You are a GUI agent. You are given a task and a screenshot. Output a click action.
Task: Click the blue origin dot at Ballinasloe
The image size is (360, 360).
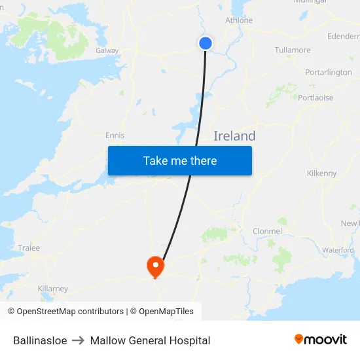coord(206,43)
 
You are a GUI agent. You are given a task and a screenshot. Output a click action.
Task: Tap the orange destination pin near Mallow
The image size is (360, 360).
coord(156,266)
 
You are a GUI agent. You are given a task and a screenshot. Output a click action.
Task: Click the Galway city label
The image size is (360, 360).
coord(107,50)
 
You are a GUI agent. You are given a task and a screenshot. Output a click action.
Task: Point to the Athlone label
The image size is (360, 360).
coord(239,20)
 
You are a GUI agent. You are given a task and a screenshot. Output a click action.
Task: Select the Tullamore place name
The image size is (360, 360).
coord(293,50)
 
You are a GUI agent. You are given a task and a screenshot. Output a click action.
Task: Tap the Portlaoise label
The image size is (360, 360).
coord(315,98)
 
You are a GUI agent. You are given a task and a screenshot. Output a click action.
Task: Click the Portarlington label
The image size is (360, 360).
coord(329,72)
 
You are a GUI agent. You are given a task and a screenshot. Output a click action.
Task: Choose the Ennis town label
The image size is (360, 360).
coord(115,135)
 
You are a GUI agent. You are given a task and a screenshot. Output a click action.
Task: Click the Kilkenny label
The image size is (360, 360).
coord(321,173)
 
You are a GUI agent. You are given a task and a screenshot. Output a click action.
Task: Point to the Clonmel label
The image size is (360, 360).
coord(267,231)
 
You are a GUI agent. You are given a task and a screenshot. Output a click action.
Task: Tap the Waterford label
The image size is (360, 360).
coord(338,250)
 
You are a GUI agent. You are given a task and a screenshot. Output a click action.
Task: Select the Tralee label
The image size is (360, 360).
coord(29,248)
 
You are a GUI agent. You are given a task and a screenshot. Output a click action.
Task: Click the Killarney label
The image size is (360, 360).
coord(53,289)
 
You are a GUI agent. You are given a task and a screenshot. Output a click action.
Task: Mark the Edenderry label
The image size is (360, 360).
coord(343,37)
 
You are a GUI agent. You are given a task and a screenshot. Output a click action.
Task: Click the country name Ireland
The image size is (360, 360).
coord(234,136)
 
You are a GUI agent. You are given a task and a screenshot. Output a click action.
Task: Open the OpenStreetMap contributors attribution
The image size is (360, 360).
coord(65,312)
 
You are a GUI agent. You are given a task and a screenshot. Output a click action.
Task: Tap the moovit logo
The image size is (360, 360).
coord(321,340)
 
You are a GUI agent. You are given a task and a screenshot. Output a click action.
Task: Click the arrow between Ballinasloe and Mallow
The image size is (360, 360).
coord(79,340)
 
